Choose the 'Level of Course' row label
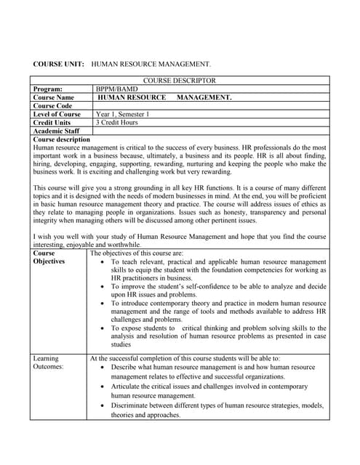[x=57, y=114]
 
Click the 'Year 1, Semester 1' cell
[x=122, y=114]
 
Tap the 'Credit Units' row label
[x=53, y=123]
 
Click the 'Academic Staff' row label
[x=57, y=132]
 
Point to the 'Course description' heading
[x=62, y=139]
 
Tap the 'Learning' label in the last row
[x=47, y=358]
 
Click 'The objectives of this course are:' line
[x=137, y=254]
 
